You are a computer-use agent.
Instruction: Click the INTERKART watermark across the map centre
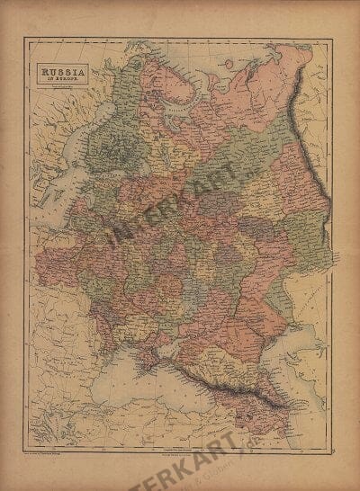[180, 216]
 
